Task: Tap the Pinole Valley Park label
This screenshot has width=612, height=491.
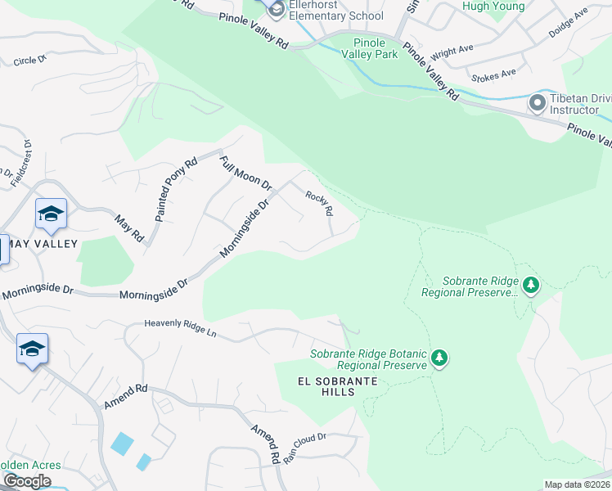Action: point(376,48)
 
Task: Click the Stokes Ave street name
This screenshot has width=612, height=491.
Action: point(493,74)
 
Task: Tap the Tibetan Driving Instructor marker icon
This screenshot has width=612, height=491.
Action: point(538,102)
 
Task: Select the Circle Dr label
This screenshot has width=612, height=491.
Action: point(31,61)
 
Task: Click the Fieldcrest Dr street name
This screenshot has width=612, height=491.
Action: point(27,164)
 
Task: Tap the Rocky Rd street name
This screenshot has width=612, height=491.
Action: point(319,204)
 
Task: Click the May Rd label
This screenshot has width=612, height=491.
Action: point(129,228)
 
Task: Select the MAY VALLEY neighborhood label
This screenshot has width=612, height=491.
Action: point(43,244)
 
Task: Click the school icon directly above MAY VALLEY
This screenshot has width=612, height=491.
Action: point(51,214)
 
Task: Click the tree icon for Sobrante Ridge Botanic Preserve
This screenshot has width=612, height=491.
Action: point(439,358)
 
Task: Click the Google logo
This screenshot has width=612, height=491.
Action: point(27,480)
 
